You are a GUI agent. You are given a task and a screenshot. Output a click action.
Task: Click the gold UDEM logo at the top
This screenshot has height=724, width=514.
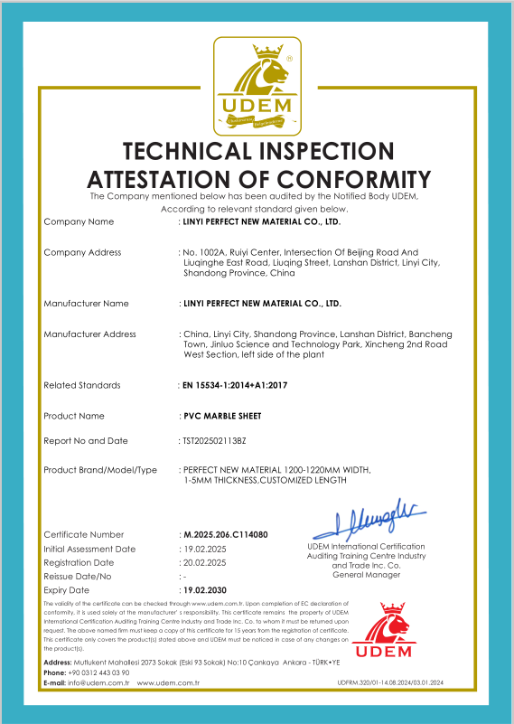[x=257, y=83]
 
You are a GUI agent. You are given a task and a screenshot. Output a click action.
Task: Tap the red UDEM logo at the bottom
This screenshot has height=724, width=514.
[x=384, y=634]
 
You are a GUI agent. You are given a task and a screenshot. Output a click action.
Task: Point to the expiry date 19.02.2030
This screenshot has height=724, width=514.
[x=207, y=589]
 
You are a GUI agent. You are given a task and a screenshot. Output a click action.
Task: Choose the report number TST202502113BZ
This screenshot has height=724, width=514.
[x=214, y=441]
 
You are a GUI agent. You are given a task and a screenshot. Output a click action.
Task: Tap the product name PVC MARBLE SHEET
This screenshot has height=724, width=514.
[x=219, y=416]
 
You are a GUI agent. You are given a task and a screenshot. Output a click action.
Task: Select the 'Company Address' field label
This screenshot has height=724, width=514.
[x=82, y=252]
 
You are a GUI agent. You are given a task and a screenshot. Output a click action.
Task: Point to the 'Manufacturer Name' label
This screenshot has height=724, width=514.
[x=87, y=303]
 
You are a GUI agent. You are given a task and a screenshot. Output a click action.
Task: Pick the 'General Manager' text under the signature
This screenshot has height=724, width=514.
[x=366, y=575]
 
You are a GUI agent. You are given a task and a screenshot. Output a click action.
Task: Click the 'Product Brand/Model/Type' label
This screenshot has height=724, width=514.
[x=100, y=470]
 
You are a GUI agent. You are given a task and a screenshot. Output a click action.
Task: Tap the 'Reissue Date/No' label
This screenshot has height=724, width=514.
[x=78, y=576]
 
